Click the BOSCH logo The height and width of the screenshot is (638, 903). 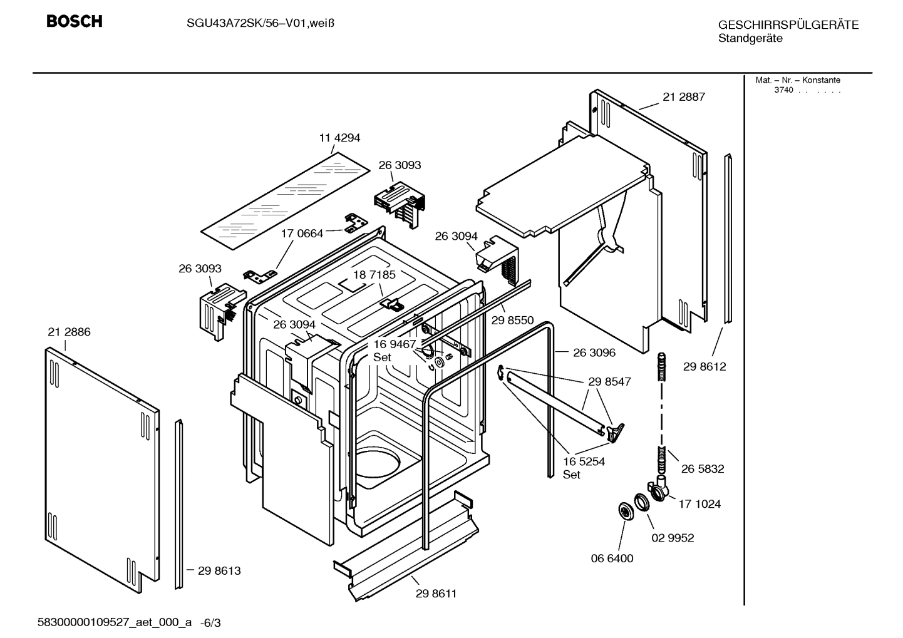(74, 21)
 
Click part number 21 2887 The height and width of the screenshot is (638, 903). (684, 97)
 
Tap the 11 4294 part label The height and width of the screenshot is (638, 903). (339, 138)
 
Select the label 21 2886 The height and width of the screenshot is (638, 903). (69, 332)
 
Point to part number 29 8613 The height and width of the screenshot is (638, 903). (219, 571)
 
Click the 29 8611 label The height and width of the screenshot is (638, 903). (436, 594)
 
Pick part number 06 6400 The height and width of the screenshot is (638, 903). (612, 558)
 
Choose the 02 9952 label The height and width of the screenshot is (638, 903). (673, 538)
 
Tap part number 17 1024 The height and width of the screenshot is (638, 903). (699, 504)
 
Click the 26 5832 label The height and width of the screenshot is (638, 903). (703, 469)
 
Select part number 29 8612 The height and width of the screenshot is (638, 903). (704, 367)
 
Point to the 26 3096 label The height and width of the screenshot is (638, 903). (594, 352)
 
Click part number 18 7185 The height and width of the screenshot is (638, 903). (374, 275)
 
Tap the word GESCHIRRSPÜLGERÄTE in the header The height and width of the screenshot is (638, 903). (788, 26)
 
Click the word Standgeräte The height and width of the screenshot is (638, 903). (750, 38)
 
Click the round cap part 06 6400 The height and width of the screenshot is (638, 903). (624, 511)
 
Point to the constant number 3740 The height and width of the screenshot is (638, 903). (783, 90)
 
